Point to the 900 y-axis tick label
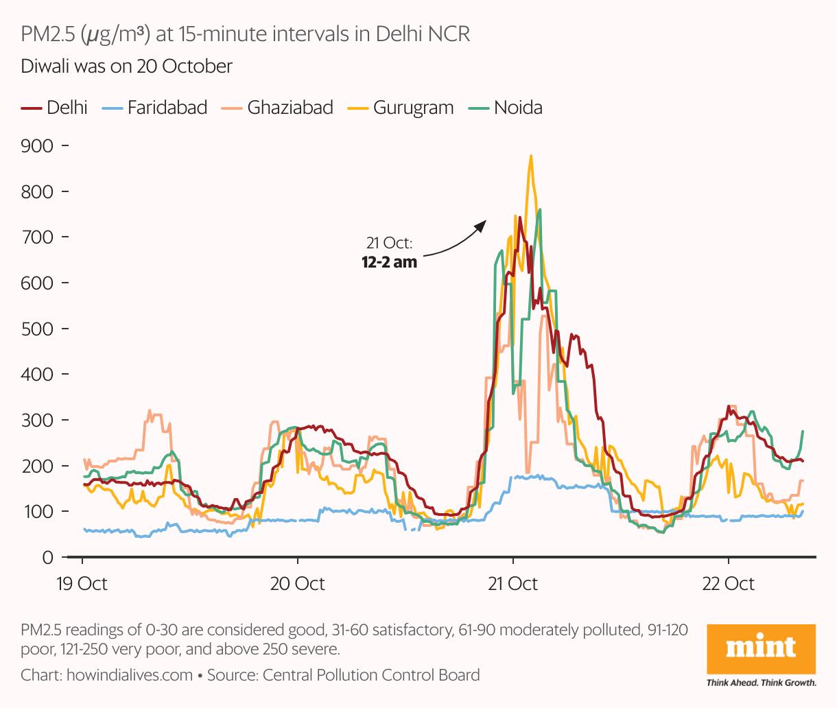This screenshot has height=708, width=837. point(37,146)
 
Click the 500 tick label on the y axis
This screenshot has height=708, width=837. point(37,329)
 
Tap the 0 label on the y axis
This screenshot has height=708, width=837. point(47,557)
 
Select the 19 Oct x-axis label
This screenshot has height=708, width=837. point(82,584)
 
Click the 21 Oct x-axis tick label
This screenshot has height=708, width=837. point(512,584)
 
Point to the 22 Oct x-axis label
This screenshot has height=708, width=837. point(728,584)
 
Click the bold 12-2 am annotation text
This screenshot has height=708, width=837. point(389,261)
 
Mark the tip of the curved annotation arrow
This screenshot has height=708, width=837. point(486,221)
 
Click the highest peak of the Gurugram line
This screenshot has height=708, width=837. point(531,156)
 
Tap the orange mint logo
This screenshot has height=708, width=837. point(761,648)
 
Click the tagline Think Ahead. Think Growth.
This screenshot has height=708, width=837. point(761,683)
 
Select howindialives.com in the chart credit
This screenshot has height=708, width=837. point(130,675)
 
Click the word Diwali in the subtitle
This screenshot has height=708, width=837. point(44,67)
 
